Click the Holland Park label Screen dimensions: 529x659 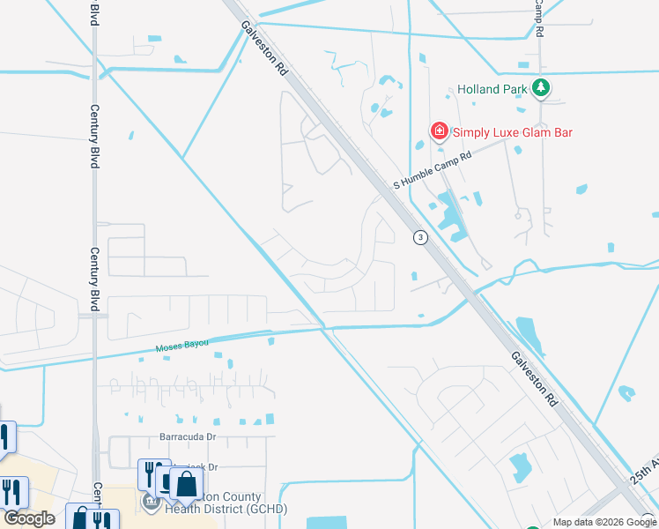(x=492, y=89)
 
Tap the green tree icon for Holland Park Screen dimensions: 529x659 (x=542, y=88)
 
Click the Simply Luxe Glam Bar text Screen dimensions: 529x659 (x=512, y=133)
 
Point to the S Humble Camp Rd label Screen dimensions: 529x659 (x=433, y=168)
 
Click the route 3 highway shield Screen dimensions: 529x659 (x=420, y=237)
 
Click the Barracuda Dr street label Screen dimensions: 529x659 (x=187, y=436)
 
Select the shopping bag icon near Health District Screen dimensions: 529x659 (x=186, y=484)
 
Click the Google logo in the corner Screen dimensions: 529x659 (x=28, y=518)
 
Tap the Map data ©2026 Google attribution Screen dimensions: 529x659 (x=604, y=522)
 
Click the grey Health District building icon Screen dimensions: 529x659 (x=151, y=503)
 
